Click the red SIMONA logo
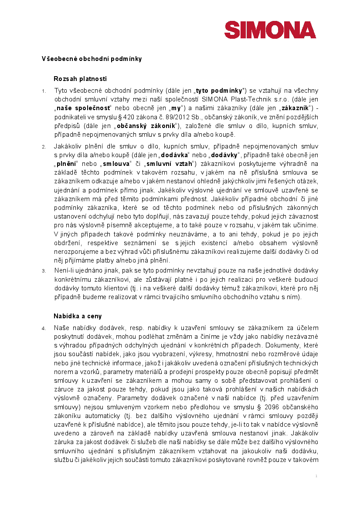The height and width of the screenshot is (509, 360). coord(270,29)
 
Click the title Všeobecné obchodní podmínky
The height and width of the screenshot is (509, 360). coord(92,58)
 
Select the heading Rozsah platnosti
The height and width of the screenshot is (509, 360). coord(80,79)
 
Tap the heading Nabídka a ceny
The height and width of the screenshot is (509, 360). coord(77,315)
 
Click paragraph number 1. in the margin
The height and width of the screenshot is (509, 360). coord(44,91)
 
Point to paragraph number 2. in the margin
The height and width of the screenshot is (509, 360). coord(44,147)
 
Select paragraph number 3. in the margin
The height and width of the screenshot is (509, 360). coord(44,271)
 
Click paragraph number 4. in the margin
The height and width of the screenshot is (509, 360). coord(44,328)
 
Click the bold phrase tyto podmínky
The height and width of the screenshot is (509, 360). coord(219,91)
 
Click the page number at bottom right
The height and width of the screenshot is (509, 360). coord(316,476)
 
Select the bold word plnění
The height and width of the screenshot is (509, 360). coord(66,164)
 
